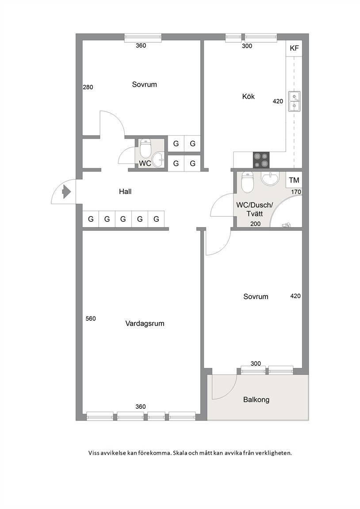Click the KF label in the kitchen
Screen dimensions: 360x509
[294, 48]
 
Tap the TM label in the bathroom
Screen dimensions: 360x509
[294, 180]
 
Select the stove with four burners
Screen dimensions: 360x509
[261, 160]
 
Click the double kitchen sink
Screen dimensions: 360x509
[295, 101]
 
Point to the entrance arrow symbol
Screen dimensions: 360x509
[67, 191]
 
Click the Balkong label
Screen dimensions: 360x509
[257, 399]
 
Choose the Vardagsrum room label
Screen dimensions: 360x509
[145, 323]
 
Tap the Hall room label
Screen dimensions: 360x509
[125, 191]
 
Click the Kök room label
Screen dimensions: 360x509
[249, 96]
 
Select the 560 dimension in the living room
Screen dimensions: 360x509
[91, 319]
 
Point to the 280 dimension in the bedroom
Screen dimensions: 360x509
[88, 87]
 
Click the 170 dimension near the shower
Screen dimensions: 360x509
[296, 192]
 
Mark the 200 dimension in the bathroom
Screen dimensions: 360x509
[255, 224]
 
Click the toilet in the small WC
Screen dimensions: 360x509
[145, 148]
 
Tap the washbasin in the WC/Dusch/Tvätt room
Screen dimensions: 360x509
[270, 178]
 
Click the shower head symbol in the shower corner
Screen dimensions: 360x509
[286, 224]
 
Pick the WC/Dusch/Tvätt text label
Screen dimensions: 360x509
[255, 209]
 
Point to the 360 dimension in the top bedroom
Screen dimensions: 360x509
[141, 46]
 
